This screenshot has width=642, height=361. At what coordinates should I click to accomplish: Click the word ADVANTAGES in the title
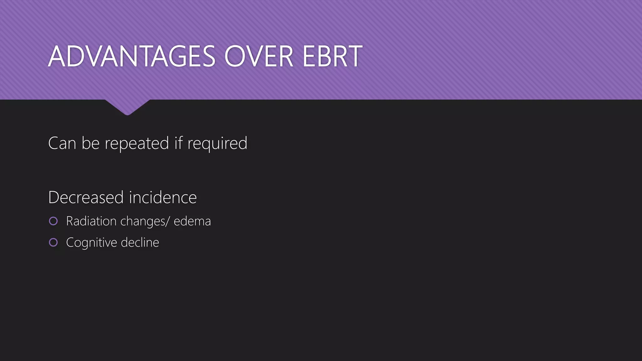tap(132, 56)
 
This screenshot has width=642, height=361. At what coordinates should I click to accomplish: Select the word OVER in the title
tap(259, 56)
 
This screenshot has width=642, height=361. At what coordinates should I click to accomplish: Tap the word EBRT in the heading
tap(332, 56)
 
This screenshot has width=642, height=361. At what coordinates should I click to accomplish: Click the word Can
tap(62, 143)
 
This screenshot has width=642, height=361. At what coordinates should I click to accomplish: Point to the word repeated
tap(137, 144)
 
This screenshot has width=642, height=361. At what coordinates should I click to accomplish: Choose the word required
tap(217, 144)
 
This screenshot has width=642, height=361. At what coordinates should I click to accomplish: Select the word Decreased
tap(86, 197)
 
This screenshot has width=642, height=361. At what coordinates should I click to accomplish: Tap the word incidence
tap(163, 197)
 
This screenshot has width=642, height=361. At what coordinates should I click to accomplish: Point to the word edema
tap(192, 221)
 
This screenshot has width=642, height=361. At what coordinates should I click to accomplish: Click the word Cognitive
tap(91, 243)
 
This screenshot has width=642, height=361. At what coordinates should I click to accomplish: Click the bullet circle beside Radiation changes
tap(53, 221)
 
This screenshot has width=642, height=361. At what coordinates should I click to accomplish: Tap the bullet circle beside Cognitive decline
tap(53, 242)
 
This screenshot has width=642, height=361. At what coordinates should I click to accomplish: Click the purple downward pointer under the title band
tap(127, 107)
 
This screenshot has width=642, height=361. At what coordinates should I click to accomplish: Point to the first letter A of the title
tap(56, 56)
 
